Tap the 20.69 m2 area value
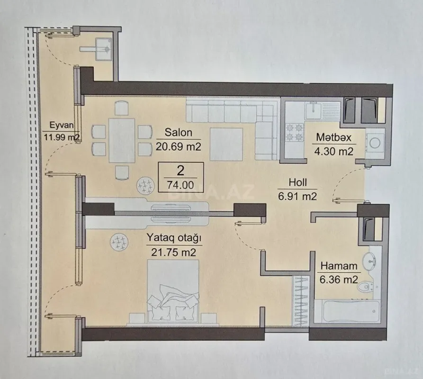pyautogui.click(x=175, y=147)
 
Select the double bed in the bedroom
pyautogui.click(x=172, y=294)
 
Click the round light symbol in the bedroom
pyautogui.click(x=119, y=243)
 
